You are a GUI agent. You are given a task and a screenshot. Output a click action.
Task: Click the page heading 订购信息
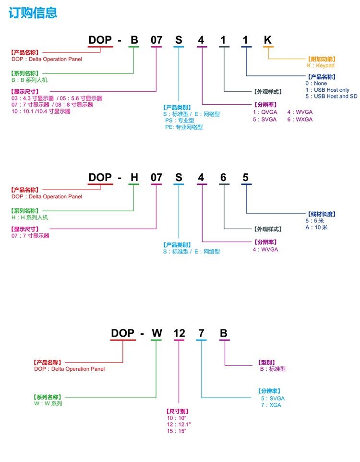[x=33, y=13]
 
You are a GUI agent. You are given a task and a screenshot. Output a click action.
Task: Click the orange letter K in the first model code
[x=268, y=40]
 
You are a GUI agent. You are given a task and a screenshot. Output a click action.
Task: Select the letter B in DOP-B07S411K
[x=134, y=40]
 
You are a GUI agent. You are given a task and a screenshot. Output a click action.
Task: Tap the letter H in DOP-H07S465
[x=134, y=178]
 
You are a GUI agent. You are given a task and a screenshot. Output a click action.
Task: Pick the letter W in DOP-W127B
[x=157, y=333]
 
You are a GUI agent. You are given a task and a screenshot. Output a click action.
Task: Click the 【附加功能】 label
[x=321, y=59]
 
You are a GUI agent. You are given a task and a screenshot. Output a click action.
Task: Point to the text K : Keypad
[x=321, y=65]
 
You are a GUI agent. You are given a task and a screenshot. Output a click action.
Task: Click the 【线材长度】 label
[x=321, y=214]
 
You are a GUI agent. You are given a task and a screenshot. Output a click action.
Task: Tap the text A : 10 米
[x=316, y=227]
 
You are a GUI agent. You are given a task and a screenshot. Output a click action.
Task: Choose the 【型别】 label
[x=264, y=362]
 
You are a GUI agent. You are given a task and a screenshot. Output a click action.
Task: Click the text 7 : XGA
[x=271, y=405]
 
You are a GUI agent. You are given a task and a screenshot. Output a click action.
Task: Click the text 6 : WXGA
[x=300, y=119]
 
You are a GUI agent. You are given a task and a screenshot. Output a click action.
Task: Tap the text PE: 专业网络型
[x=184, y=127]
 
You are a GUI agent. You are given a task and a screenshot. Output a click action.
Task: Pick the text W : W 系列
[x=48, y=403]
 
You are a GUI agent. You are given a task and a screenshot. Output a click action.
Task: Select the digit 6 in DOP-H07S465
[x=223, y=178]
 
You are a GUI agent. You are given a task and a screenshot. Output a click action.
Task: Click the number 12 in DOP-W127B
[x=179, y=333]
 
